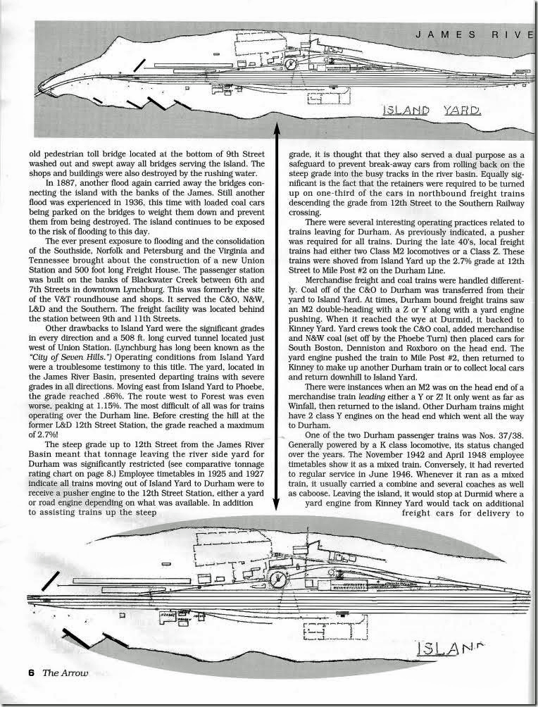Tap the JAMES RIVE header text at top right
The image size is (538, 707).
pos(479,34)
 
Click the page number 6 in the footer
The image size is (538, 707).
pos(12,692)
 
